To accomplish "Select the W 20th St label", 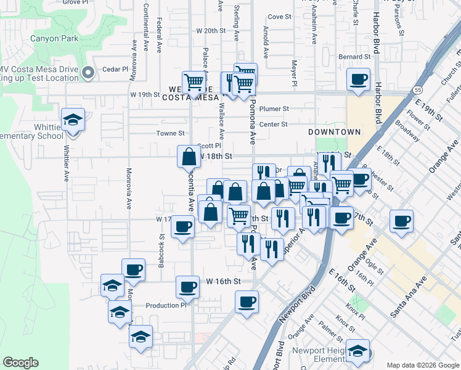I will [x=208, y=30].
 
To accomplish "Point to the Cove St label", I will [x=279, y=17].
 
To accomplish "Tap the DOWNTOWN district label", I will [x=335, y=132].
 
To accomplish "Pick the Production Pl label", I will [x=166, y=305].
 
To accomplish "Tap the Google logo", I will [x=20, y=363].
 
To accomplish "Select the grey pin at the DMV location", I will [x=88, y=73].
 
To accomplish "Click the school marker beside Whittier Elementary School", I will [x=73, y=120].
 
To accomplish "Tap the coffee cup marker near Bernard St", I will [x=358, y=79].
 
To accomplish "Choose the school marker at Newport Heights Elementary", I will [x=357, y=351].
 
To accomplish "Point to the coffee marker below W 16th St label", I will [x=247, y=302].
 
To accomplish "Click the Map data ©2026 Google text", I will [x=422, y=365].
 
